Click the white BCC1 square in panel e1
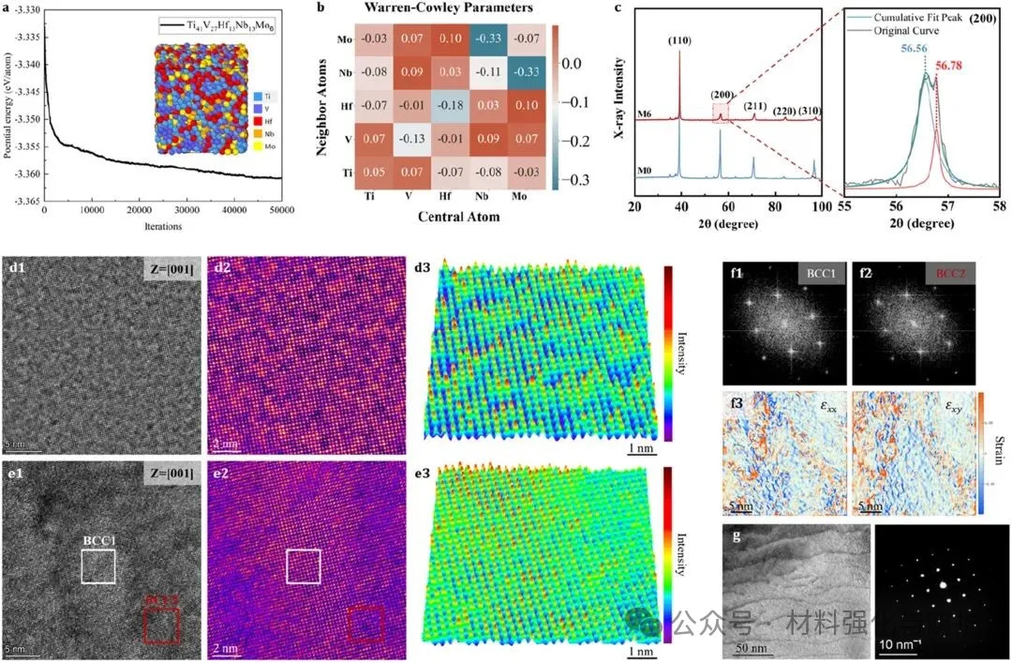pos(97,565)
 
